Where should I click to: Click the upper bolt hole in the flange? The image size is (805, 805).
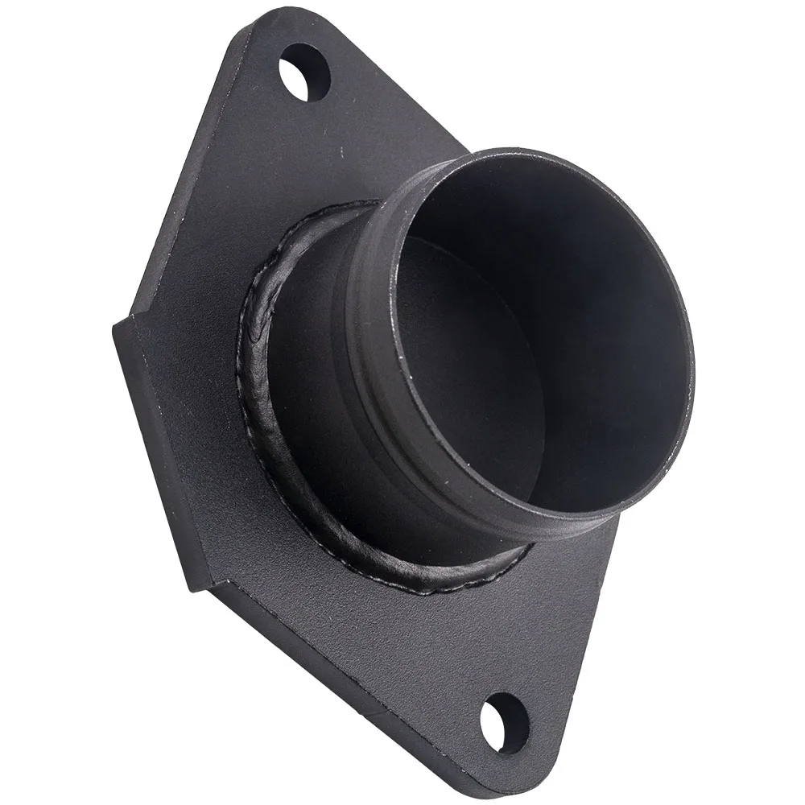[305, 72]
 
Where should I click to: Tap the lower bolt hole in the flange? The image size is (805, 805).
[505, 722]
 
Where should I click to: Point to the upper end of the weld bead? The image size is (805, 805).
[354, 204]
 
